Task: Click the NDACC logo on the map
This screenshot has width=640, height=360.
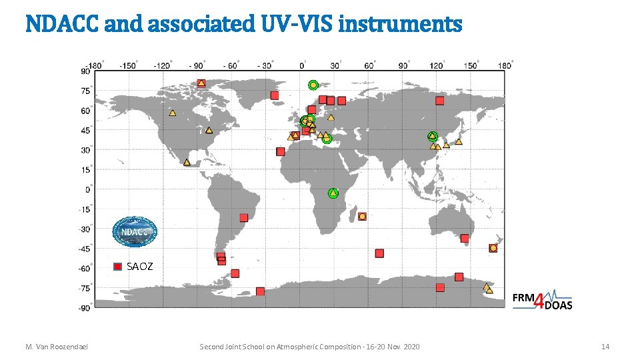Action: pos(134,231)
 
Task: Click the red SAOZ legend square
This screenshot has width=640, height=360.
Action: pos(118,267)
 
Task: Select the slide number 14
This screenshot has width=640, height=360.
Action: pos(605,347)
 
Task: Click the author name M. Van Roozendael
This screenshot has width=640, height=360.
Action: pos(57,347)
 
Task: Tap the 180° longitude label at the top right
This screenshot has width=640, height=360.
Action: pos(505,65)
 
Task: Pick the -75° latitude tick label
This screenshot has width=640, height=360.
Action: pos(85,288)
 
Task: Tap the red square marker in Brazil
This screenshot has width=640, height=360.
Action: pos(244,217)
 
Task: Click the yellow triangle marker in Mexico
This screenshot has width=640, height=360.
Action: pos(187,162)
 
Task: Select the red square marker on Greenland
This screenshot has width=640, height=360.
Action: pos(275,96)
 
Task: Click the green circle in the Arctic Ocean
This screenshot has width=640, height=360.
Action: pos(313,85)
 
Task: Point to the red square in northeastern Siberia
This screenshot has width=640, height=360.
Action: pos(439,101)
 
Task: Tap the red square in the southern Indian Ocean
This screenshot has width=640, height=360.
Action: pos(379,253)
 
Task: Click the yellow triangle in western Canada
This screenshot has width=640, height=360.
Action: pos(173,113)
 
